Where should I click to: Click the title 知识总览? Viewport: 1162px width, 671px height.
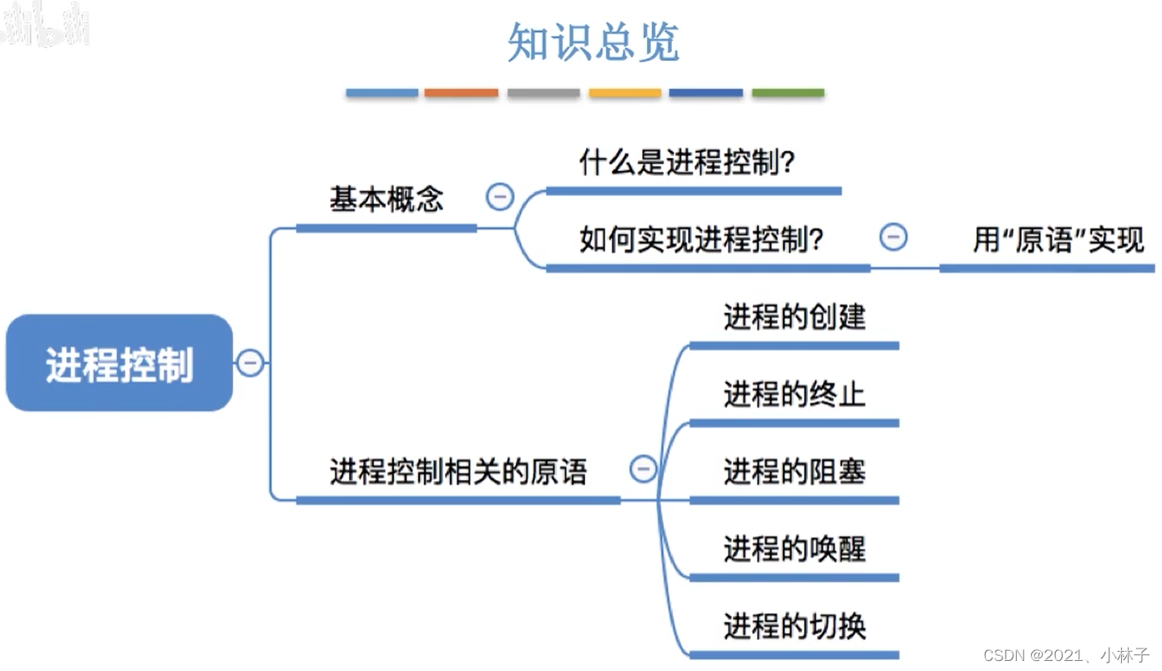[594, 43]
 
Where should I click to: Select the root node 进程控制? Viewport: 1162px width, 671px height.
[119, 363]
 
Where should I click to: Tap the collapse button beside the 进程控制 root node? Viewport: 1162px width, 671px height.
[250, 363]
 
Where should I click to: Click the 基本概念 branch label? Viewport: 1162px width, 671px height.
[386, 199]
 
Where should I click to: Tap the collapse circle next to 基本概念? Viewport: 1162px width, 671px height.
[500, 198]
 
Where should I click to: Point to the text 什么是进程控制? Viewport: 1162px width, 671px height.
[686, 162]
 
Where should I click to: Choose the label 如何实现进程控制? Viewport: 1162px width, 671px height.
[701, 240]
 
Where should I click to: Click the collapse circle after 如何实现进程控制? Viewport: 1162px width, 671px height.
[893, 238]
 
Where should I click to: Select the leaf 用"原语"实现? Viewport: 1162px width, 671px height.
[1058, 240]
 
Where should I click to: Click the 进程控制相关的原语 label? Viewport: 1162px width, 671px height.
[458, 472]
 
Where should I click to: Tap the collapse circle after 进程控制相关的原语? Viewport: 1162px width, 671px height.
[643, 469]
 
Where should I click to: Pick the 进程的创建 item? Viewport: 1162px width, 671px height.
[794, 317]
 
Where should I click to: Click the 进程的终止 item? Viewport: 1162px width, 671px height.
[794, 394]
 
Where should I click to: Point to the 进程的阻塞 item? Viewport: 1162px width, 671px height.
[794, 472]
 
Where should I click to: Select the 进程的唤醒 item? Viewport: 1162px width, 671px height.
[794, 549]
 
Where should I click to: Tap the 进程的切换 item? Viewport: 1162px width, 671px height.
[794, 627]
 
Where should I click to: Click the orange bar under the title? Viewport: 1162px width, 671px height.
[461, 93]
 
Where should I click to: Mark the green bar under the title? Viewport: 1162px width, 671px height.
[788, 93]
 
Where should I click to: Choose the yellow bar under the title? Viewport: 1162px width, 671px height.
[624, 93]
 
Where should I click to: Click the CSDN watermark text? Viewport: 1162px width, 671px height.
[1066, 655]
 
